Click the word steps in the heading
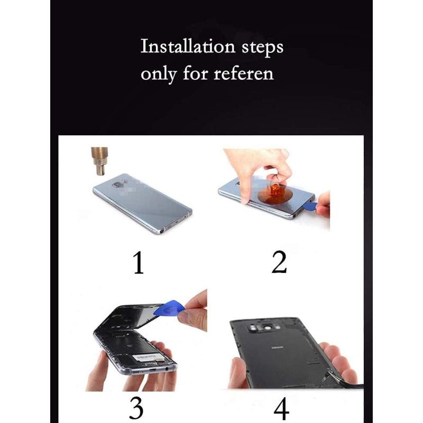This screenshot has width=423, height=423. pos(262,48)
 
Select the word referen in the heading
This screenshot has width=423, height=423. pos(244,73)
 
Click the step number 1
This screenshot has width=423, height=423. pos(139,262)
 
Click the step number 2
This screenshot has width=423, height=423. pos(279,262)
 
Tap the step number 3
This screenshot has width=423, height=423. pos(136,407)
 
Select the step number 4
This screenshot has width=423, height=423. pos(281,408)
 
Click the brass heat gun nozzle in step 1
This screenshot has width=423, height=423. pos(100,161)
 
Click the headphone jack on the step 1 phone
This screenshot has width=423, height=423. pos(162,231)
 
